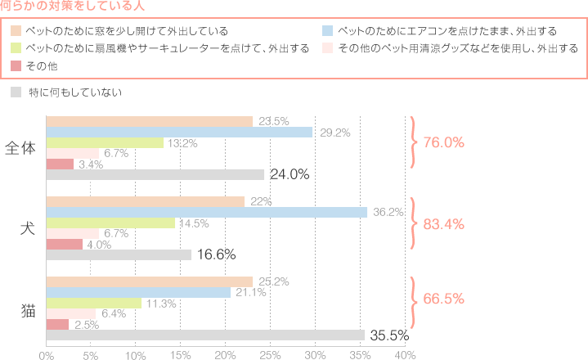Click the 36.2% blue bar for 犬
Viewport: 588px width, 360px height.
tap(206, 212)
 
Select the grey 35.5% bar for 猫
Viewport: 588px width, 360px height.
tap(204, 335)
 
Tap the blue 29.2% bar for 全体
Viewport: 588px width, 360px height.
tap(178, 132)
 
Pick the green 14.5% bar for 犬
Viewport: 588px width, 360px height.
tap(110, 223)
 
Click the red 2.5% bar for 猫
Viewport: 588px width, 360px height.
tap(57, 324)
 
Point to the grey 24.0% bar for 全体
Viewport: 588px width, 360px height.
tap(155, 174)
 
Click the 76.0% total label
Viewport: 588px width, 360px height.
tap(443, 142)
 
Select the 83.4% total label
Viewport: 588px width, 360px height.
tap(443, 223)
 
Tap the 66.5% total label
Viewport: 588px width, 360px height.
tap(443, 299)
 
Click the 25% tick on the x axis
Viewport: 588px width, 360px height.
tap(270, 354)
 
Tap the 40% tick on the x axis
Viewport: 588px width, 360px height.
tap(405, 354)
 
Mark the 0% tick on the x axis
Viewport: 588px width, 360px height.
tap(47, 354)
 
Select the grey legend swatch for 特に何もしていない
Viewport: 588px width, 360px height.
tap(16, 92)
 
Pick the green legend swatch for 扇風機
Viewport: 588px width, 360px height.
tap(16, 48)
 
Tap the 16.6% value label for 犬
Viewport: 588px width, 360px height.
tap(217, 254)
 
